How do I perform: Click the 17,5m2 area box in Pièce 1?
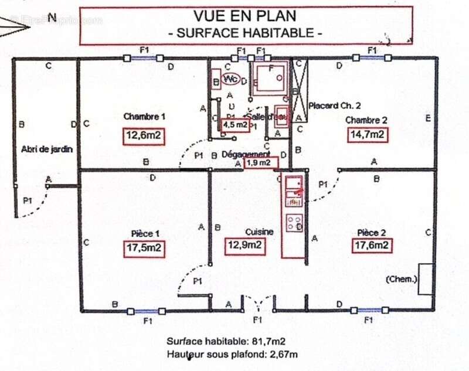[x=144, y=249]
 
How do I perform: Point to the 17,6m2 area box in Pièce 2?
[x=372, y=246]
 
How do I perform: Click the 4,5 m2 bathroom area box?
[x=233, y=124]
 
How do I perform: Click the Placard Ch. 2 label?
[x=334, y=106]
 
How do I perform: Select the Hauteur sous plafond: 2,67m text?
[x=232, y=354]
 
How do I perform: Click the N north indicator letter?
[x=52, y=17]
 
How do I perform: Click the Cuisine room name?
[x=259, y=232]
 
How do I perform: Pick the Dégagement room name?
[x=246, y=154]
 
